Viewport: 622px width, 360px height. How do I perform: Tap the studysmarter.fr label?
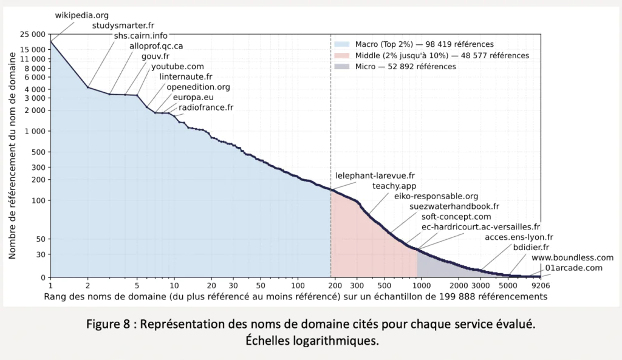(124, 25)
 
